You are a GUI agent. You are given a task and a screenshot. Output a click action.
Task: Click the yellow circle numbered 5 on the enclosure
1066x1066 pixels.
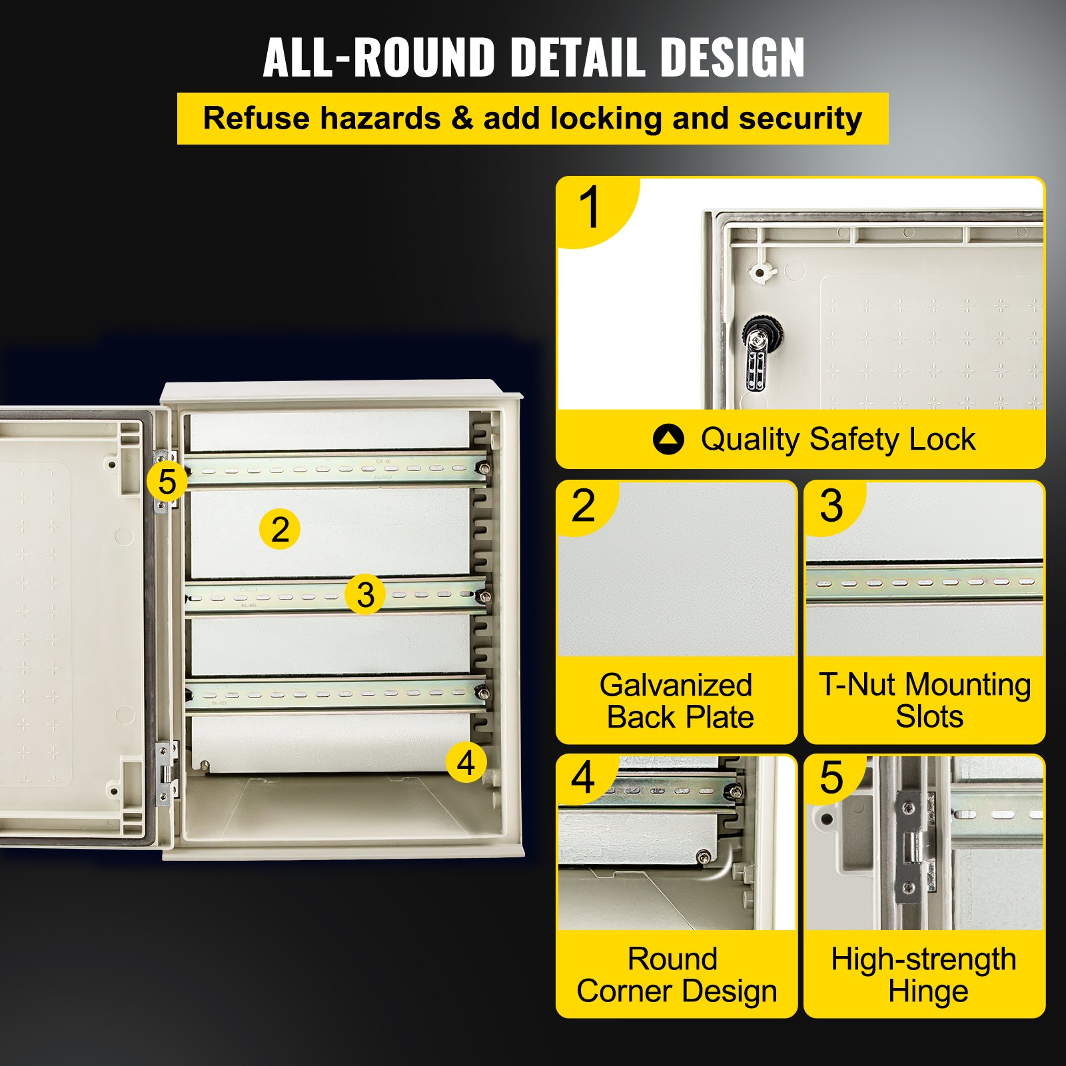tap(167, 481)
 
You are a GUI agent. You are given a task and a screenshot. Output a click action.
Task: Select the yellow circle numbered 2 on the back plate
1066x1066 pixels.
tap(280, 530)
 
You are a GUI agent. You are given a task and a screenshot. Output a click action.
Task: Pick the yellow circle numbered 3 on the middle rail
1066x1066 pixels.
tap(365, 594)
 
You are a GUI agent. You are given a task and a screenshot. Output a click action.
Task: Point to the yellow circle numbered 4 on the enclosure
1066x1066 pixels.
tap(466, 762)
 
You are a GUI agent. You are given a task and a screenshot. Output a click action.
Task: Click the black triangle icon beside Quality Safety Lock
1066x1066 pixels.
tap(668, 440)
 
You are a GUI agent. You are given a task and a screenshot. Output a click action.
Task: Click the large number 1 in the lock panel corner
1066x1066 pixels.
tap(590, 208)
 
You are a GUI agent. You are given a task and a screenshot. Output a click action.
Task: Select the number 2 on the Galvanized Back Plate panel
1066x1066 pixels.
tap(583, 506)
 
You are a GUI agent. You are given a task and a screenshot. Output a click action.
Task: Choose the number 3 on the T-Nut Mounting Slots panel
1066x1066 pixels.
tap(831, 506)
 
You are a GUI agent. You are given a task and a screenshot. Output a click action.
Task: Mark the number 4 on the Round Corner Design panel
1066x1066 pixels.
tap(583, 778)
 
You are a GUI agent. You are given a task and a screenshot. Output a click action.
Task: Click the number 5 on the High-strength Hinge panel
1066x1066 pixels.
tap(831, 778)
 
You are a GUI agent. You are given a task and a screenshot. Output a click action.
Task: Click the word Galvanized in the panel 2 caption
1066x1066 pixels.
tap(676, 686)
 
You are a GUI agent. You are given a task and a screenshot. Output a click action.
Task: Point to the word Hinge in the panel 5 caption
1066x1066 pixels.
tap(927, 991)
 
